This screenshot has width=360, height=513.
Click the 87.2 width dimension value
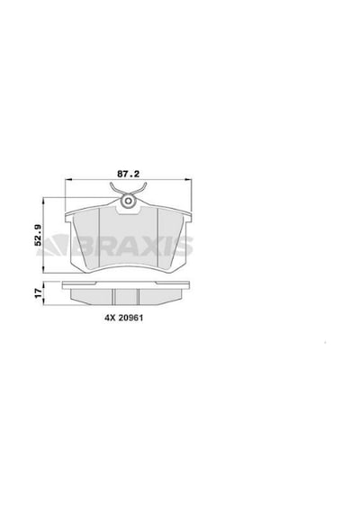coord(129,174)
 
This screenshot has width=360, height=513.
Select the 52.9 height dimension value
coord(38,235)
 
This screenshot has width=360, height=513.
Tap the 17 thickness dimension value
coord(39,292)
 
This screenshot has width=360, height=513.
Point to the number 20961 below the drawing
coord(130,318)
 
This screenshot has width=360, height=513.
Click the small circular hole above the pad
coord(129,201)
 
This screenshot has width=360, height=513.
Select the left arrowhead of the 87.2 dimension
coord(68,179)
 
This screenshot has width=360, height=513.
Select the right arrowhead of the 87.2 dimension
coord(188,179)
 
